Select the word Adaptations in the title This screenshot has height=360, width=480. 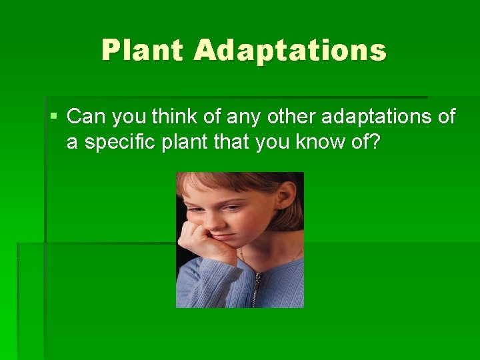click(x=290, y=51)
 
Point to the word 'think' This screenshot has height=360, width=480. click(x=171, y=117)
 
